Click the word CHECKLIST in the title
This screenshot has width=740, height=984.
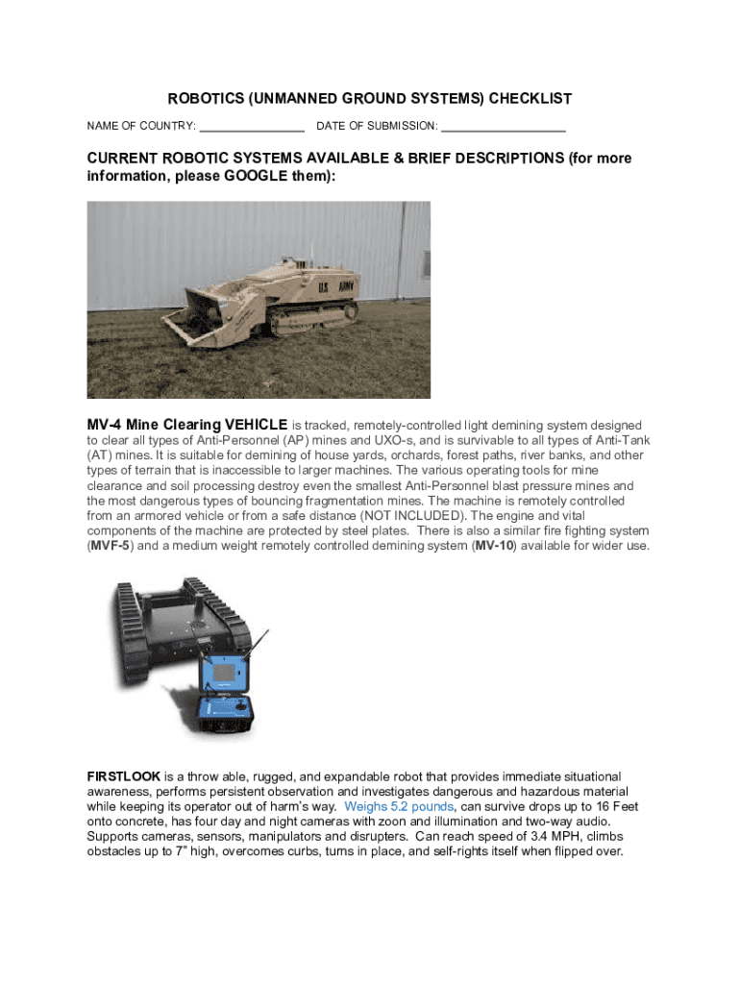click(530, 99)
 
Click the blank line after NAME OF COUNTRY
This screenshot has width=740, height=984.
click(252, 127)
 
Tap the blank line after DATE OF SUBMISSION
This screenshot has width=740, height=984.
click(504, 127)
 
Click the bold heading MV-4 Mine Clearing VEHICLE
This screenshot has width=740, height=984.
click(187, 425)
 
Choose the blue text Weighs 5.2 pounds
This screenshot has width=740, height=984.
click(398, 806)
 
